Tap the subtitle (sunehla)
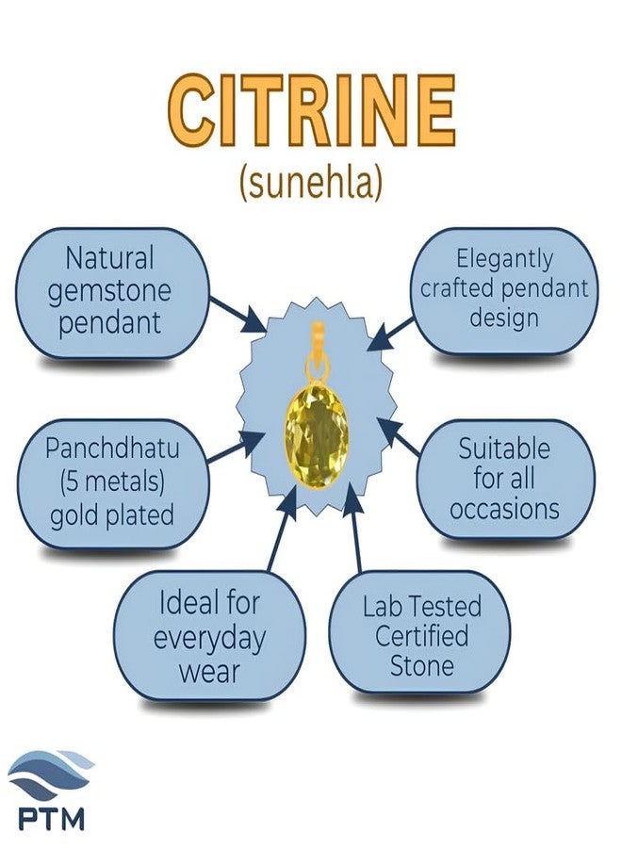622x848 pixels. [x=311, y=183]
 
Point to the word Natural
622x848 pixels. [x=109, y=257]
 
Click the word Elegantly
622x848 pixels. [x=504, y=257]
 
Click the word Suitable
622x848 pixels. [x=503, y=448]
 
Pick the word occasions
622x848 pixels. [x=504, y=510]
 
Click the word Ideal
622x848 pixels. [x=209, y=602]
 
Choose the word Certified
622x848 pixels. [x=421, y=635]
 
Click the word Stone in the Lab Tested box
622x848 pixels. [x=421, y=666]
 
